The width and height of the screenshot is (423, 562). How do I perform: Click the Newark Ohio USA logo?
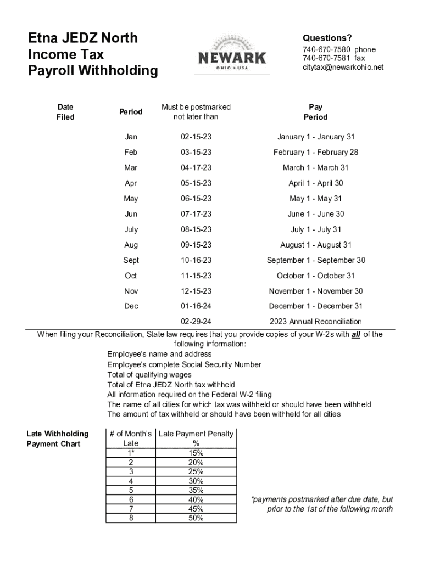point(232,55)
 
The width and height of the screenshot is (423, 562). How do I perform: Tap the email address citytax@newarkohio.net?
point(343,67)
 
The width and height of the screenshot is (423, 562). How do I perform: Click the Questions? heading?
point(327,38)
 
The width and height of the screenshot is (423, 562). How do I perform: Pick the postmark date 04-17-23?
point(196,168)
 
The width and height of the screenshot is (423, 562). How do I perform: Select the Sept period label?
point(131,260)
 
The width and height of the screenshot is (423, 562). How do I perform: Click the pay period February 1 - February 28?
point(315,153)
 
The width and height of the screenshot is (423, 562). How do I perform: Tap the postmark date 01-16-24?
point(196,306)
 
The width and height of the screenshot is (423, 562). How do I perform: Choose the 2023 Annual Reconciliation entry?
point(315,322)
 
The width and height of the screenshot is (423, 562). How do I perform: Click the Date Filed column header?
point(65,112)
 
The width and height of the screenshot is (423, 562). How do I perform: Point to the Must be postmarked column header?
point(196,112)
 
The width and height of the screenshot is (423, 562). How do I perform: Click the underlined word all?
point(355,334)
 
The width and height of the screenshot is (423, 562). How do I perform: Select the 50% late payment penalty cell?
point(196,518)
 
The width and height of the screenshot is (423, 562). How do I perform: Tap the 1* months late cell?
point(131,453)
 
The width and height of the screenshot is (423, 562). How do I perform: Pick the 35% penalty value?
point(196,490)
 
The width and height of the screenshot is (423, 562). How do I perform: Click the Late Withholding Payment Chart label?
point(57,439)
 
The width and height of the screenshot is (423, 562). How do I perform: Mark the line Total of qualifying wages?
point(149,375)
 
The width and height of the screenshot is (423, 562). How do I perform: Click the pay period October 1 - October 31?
point(315,276)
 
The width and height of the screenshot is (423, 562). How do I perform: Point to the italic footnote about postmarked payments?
point(322,504)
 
